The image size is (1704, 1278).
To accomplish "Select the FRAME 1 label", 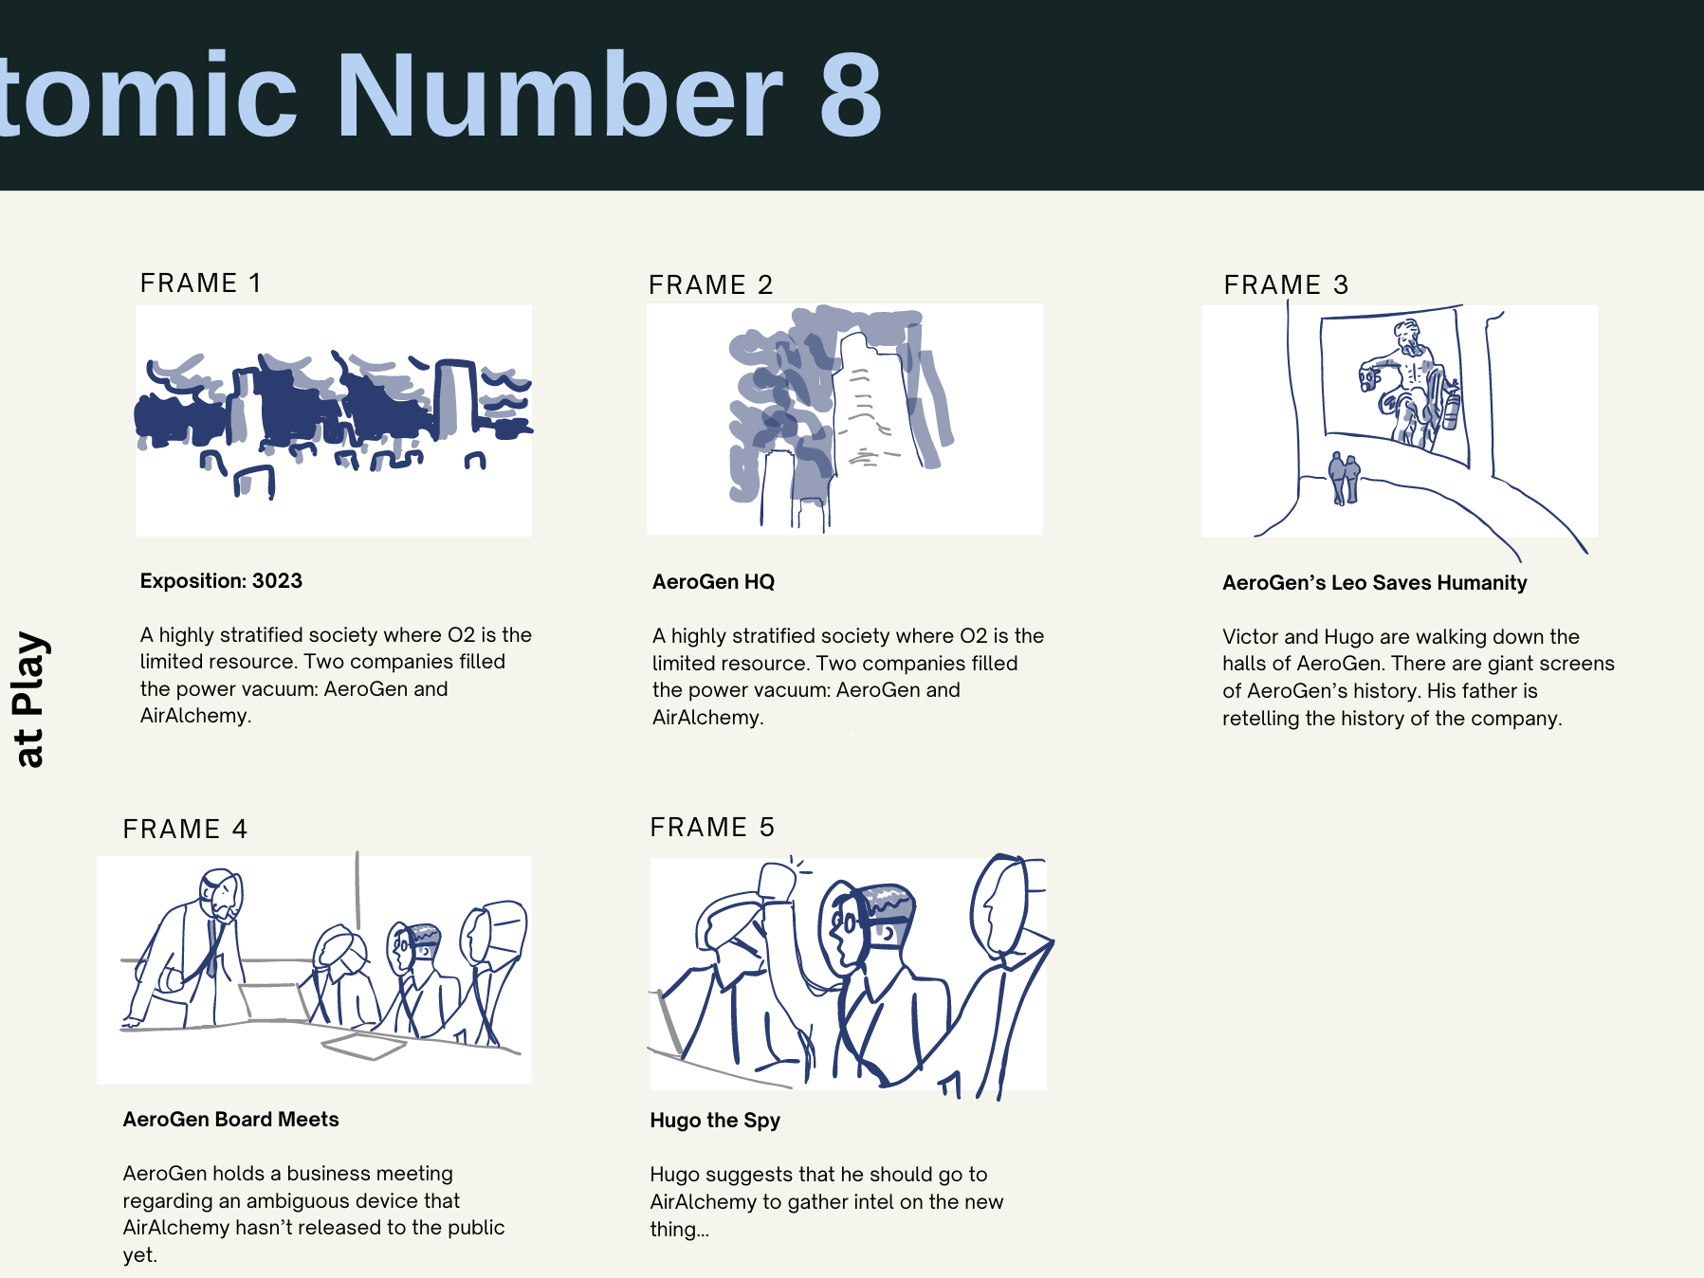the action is click(200, 283).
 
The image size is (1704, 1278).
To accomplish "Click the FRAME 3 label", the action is click(1286, 284).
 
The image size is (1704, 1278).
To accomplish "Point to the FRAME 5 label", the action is click(712, 827).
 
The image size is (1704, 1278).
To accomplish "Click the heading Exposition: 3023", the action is click(221, 580).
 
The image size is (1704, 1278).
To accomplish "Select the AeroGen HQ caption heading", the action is click(713, 581).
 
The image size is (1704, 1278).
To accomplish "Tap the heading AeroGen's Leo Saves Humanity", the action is click(1374, 582).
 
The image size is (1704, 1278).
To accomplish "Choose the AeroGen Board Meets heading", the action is click(230, 1119).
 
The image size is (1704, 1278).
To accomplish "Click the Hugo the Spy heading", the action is click(714, 1121).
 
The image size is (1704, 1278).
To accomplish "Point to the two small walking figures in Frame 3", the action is click(1344, 478).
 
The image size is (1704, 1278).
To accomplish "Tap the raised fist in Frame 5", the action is click(779, 882).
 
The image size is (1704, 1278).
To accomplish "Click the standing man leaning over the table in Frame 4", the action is click(190, 948).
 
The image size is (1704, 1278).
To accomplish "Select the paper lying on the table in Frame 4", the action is click(364, 1046).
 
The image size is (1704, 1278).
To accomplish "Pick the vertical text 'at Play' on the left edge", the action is click(29, 699).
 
